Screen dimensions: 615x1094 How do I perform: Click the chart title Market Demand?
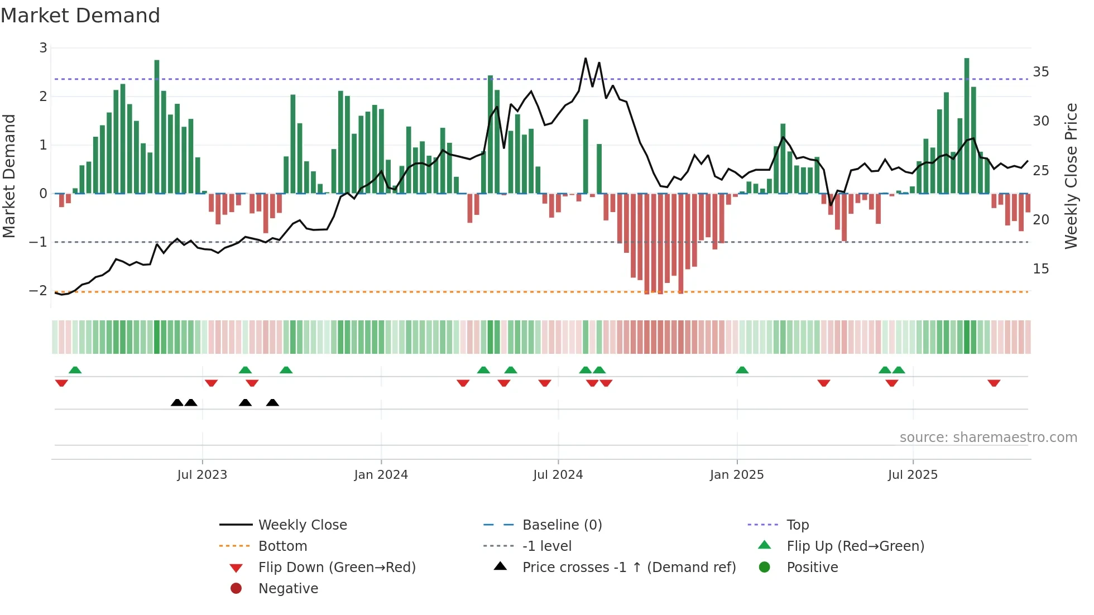[x=80, y=16]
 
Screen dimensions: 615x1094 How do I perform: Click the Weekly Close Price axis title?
[x=1071, y=176]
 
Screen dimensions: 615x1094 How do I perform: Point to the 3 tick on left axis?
[x=43, y=48]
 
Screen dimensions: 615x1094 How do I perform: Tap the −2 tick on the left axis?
[x=38, y=291]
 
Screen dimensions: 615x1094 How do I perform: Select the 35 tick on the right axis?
[x=1040, y=72]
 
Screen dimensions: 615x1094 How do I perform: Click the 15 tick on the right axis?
[x=1040, y=269]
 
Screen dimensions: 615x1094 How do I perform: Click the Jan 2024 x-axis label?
[x=381, y=475]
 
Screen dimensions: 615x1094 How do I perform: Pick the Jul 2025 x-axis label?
[x=913, y=475]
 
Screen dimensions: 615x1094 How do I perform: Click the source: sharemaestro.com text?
[x=988, y=438]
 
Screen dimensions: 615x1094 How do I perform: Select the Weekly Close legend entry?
[x=302, y=525]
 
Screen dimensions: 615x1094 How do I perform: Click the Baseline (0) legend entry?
[x=562, y=525]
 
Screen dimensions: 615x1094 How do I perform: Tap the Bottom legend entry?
[x=282, y=546]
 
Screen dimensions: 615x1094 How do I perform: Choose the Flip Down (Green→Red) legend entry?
[x=337, y=568]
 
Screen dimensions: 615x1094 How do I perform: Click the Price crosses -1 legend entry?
[x=628, y=568]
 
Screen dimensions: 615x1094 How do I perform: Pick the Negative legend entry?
[x=288, y=589]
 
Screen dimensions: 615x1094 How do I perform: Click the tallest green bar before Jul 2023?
[x=157, y=126]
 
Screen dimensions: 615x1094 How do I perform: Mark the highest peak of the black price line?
[x=586, y=58]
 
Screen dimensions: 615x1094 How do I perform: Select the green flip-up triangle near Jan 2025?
[x=742, y=370]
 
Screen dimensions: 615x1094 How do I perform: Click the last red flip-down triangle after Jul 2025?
[x=994, y=383]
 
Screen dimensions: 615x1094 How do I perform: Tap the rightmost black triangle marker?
[x=272, y=402]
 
